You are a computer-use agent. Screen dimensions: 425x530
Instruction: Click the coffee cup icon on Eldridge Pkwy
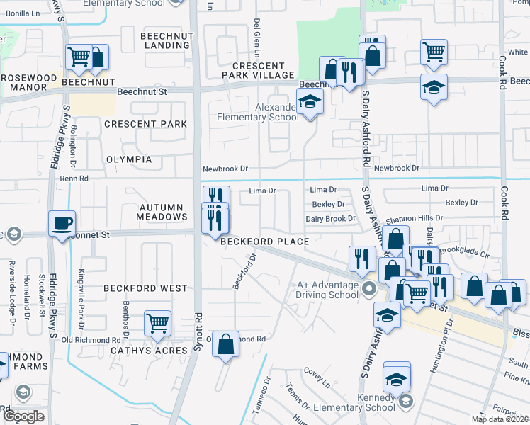[x=62, y=222]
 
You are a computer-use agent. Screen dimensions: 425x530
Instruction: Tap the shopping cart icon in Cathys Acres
[x=157, y=323]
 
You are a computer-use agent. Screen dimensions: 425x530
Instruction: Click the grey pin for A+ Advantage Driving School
[x=368, y=288]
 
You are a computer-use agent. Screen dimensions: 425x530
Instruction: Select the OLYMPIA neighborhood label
[x=128, y=159]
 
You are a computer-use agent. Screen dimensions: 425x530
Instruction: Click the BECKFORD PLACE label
[x=264, y=242]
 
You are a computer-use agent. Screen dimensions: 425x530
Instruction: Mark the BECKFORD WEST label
[x=145, y=288]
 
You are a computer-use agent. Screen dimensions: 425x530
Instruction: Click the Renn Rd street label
[x=74, y=178]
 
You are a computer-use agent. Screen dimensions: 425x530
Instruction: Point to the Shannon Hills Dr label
[x=415, y=219]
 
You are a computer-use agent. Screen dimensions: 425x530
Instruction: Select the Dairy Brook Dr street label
[x=330, y=219]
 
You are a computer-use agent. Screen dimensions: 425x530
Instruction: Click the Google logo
[x=23, y=416]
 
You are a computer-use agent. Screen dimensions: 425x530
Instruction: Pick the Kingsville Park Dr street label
[x=81, y=290]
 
